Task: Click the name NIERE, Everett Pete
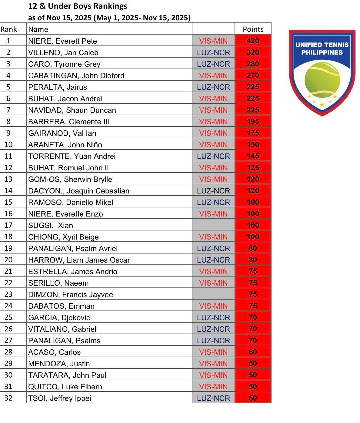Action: point(62,41)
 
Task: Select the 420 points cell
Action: point(253,41)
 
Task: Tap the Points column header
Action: point(253,29)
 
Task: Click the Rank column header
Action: point(9,29)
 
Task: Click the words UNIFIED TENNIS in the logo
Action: point(322,45)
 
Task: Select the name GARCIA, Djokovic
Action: point(59,317)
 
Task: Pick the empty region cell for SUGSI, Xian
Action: point(213,225)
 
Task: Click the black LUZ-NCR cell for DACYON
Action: point(213,191)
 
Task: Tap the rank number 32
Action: point(8,398)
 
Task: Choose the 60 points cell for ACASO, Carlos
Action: point(253,352)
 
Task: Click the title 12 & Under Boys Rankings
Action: point(78,6)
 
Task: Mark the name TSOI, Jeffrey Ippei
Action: point(60,398)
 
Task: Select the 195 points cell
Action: point(253,122)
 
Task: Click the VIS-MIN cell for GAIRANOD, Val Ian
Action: point(213,133)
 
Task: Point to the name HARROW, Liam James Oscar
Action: point(79,260)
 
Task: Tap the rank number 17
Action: point(8,225)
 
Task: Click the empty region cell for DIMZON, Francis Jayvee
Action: point(213,294)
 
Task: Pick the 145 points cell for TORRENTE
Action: point(253,156)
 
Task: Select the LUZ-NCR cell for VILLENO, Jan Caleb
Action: point(213,52)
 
